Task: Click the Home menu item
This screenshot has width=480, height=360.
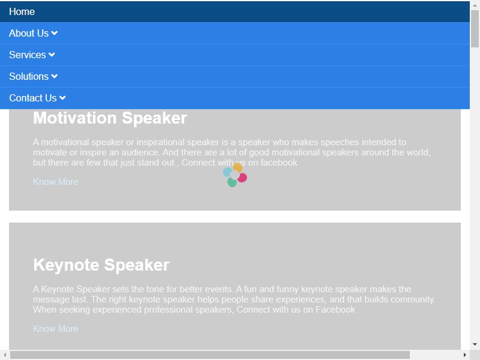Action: (22, 11)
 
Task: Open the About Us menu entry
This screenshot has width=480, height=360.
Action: (29, 33)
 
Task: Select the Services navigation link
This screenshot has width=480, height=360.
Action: (27, 55)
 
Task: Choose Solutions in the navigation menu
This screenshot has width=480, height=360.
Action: (29, 76)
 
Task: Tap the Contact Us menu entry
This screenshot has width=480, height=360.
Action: (33, 98)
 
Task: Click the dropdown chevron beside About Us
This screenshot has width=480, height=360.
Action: (54, 33)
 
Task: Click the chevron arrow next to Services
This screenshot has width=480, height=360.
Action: (52, 55)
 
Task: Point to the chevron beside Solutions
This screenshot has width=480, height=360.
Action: (54, 76)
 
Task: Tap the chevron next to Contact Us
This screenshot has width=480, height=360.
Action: (62, 98)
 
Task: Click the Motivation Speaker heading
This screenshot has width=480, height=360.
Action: (110, 118)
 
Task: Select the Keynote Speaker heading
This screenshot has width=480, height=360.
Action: (101, 265)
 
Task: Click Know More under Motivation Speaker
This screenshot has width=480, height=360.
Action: (56, 182)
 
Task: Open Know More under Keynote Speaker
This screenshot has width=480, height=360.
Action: (56, 328)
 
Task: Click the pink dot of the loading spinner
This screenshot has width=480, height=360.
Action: (242, 178)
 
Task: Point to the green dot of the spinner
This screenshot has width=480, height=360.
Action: (232, 182)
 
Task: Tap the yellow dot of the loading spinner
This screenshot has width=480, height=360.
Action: (238, 168)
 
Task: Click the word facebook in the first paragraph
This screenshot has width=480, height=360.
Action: (278, 163)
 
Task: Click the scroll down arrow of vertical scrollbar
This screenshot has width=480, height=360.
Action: (475, 344)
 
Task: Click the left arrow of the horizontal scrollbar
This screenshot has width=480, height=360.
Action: (5, 355)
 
